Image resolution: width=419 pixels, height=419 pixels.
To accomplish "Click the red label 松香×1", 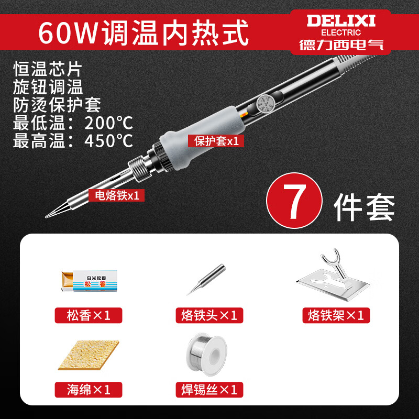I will [88, 315].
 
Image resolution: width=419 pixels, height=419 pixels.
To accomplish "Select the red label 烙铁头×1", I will [208, 315].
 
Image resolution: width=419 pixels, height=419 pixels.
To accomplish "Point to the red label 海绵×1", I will [88, 390].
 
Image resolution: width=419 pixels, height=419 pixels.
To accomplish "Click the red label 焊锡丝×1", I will [208, 390].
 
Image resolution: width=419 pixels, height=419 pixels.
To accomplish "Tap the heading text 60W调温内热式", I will [143, 31].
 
